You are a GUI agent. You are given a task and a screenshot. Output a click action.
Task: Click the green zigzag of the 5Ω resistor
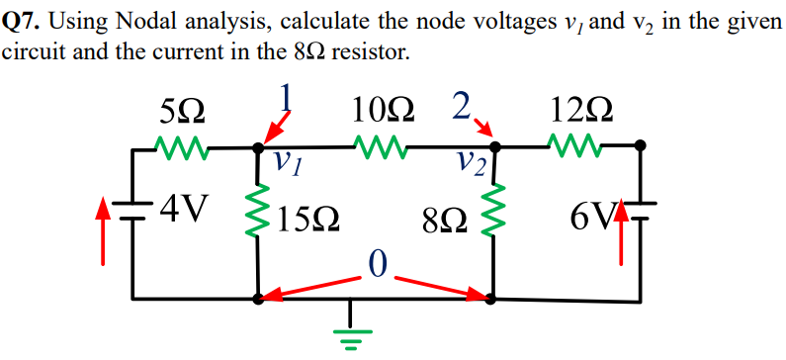tap(181, 148)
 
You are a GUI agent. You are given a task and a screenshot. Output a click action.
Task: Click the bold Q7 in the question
tap(21, 19)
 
